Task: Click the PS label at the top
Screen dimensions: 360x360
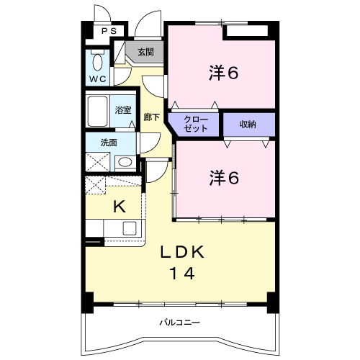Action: pos(109,31)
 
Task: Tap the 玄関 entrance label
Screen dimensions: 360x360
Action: pos(145,52)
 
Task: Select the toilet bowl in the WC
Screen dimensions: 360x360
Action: pos(97,63)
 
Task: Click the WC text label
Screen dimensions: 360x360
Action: pos(98,78)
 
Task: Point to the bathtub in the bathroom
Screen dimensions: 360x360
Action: pos(97,111)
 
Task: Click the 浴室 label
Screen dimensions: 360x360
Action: pos(123,110)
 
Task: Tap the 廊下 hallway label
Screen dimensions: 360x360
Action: pos(152,117)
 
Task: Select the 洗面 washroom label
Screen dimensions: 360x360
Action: pos(109,143)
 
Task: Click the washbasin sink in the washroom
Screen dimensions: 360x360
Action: pos(125,162)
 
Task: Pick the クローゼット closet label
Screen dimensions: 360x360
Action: pos(196,124)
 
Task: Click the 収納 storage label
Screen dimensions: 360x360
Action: pos(248,125)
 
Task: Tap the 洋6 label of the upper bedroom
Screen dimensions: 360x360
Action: pos(224,73)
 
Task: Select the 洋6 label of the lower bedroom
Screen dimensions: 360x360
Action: pos(224,178)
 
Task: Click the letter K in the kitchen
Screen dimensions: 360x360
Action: pos(120,207)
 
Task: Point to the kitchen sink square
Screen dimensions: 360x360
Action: pos(130,228)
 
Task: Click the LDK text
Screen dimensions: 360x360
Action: pos(182,252)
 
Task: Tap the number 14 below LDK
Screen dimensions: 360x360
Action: pos(182,274)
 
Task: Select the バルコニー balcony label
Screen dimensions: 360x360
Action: pos(180,323)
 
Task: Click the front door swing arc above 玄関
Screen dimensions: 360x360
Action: pos(145,19)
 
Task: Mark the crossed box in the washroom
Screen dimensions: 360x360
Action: pos(98,162)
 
